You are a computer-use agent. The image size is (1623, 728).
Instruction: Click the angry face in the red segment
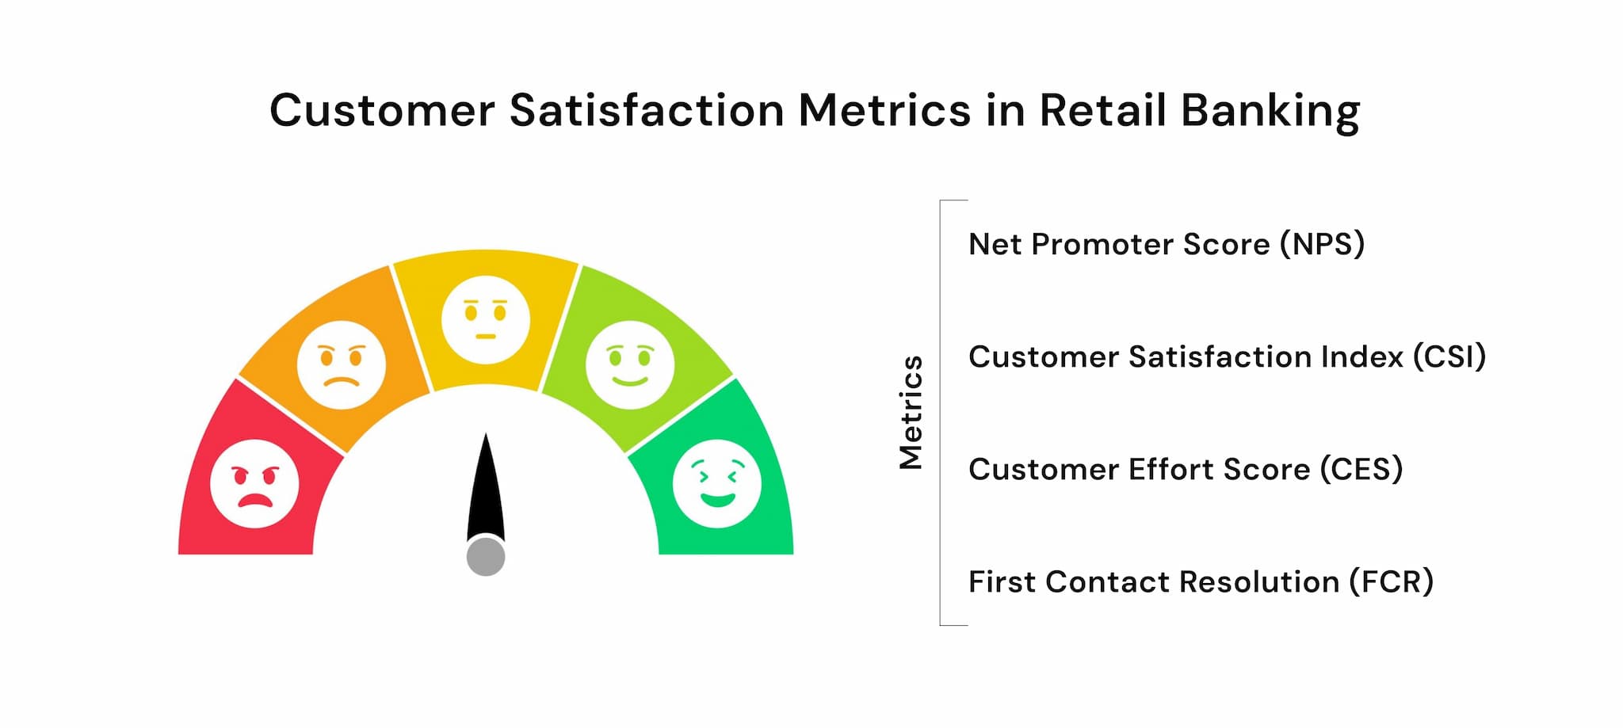[x=254, y=483]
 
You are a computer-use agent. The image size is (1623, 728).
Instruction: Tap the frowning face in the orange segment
[x=342, y=364]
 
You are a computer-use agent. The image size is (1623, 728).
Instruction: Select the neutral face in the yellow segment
[x=486, y=319]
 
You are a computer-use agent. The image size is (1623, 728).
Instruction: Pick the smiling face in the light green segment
[x=630, y=364]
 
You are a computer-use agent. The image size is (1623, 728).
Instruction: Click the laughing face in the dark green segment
[x=717, y=483]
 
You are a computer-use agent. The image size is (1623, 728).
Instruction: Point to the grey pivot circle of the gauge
[x=486, y=556]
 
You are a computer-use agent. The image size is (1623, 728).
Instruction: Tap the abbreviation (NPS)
[x=1322, y=244]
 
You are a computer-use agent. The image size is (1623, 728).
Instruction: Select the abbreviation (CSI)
[x=1449, y=356]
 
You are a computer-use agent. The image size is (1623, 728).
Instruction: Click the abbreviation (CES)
[x=1361, y=469]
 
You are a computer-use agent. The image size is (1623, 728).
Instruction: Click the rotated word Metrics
[x=911, y=412]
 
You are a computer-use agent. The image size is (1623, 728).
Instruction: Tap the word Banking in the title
[x=1270, y=111]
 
